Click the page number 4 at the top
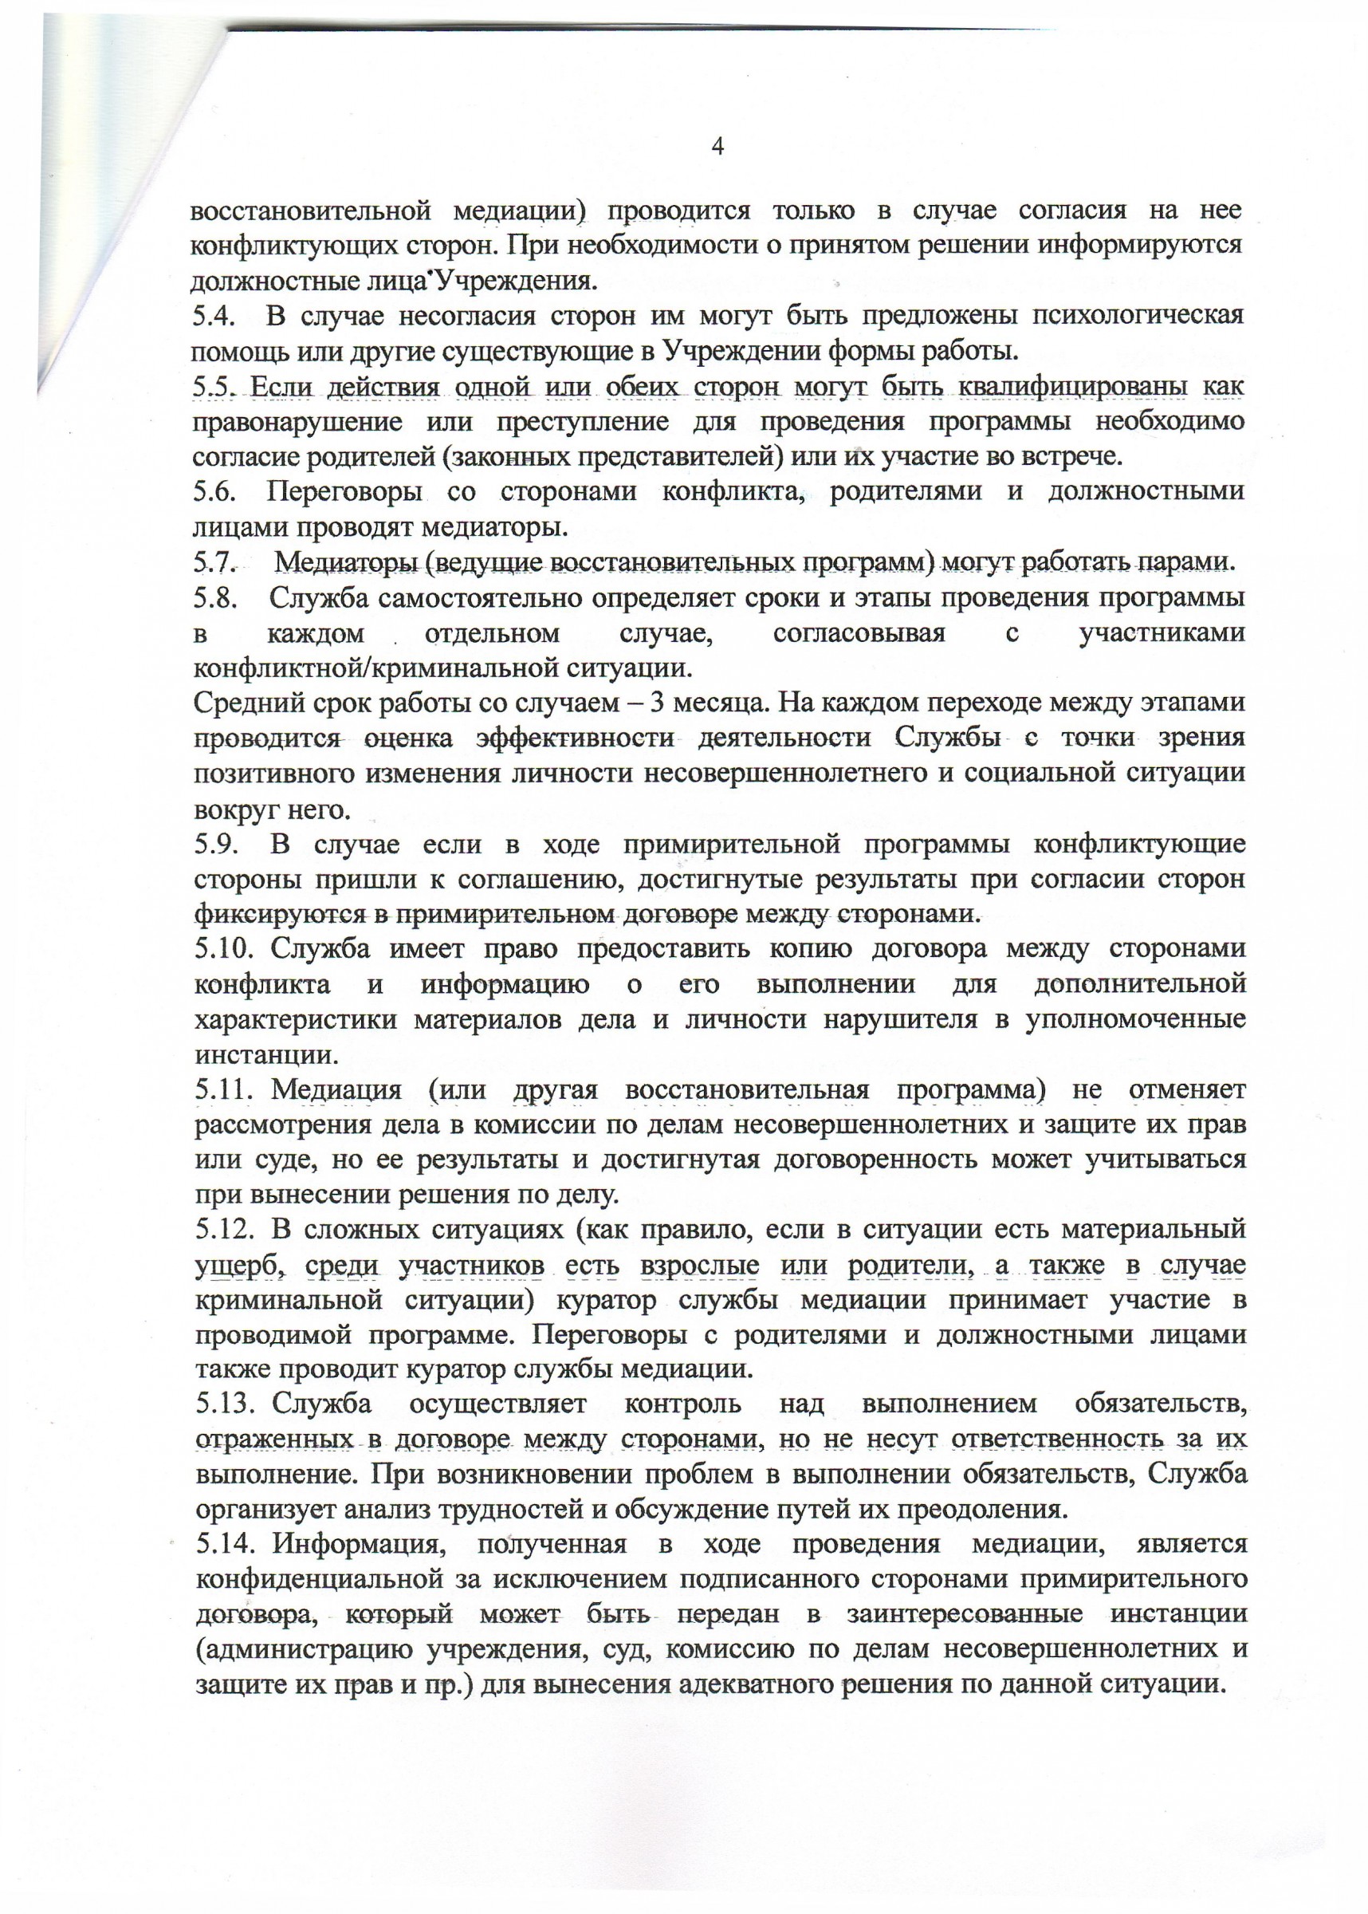coord(717,147)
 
